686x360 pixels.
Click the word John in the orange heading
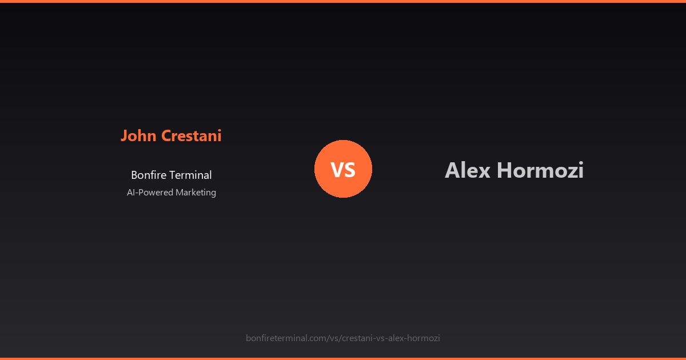click(138, 136)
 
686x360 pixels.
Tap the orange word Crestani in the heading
click(191, 136)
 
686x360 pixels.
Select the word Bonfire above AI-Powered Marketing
click(147, 175)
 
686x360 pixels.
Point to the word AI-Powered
click(150, 193)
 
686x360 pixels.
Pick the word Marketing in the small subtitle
click(196, 193)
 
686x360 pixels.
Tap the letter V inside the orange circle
click(337, 170)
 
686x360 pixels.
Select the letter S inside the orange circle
click(350, 170)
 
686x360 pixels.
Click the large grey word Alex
click(468, 170)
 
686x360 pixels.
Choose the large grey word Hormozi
click(540, 170)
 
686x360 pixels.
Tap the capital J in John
click(124, 136)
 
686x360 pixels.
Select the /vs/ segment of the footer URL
click(334, 338)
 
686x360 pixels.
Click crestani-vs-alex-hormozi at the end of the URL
click(391, 338)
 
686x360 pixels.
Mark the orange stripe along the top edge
click(343, 1)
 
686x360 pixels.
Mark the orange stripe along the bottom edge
click(343, 358)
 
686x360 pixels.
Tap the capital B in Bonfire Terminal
click(134, 175)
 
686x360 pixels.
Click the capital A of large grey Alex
click(452, 170)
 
